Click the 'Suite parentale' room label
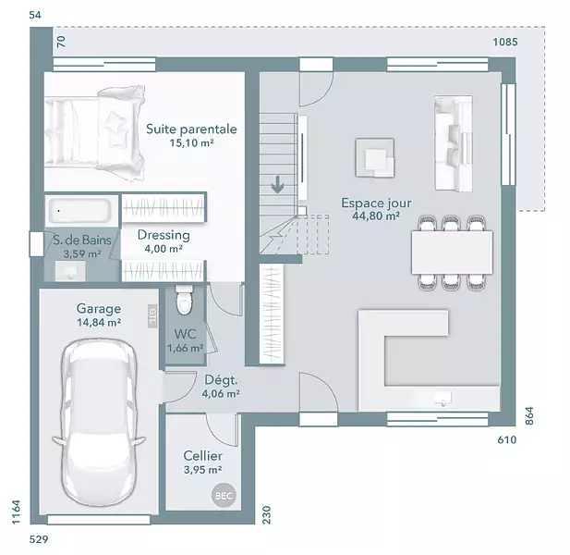(191, 129)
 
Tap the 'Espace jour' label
(376, 203)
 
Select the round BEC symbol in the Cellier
(224, 495)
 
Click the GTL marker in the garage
(152, 315)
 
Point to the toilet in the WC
(184, 299)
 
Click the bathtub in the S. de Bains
(80, 210)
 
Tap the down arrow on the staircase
(278, 184)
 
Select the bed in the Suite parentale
(94, 133)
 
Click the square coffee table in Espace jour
(375, 157)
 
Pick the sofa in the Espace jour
(454, 143)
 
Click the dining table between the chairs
(452, 253)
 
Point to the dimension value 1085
(505, 43)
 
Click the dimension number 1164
(16, 512)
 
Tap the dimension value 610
(507, 440)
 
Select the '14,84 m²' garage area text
(99, 323)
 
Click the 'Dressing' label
(164, 236)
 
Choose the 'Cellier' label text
(203, 456)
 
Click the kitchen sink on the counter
(443, 398)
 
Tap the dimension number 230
(267, 514)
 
